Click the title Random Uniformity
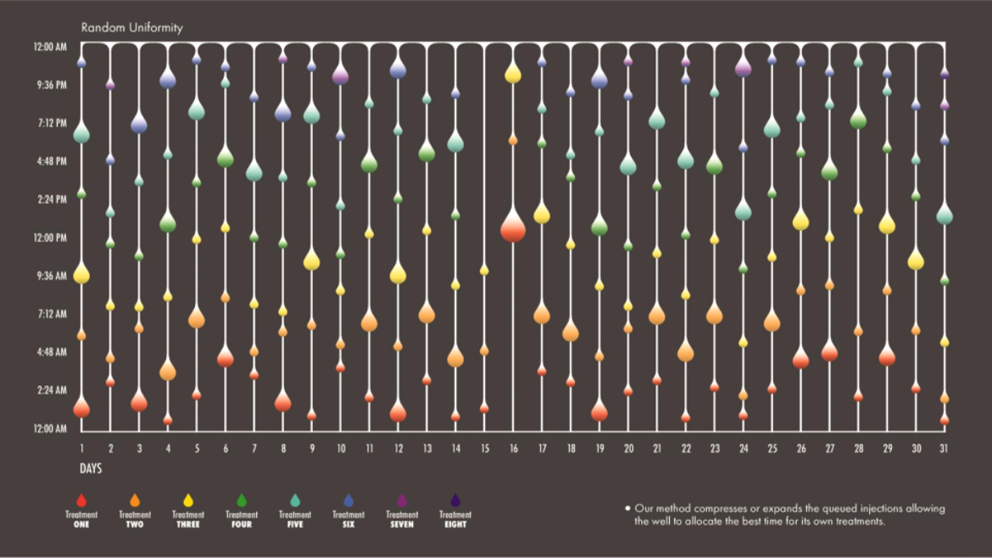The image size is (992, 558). point(131,27)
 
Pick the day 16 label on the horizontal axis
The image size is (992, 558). point(512,448)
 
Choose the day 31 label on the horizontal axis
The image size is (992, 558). point(944,448)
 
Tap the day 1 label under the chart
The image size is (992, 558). point(81,448)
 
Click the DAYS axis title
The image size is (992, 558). point(91,469)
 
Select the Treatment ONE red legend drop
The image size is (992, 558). point(81,500)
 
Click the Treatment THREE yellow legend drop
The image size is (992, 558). point(188,500)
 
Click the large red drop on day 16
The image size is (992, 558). point(513,227)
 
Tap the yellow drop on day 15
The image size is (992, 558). point(484,270)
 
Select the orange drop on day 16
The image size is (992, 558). point(513,139)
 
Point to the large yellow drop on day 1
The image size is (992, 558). point(81,274)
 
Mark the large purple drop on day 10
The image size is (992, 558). point(341,75)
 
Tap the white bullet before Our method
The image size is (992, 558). point(627,508)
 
